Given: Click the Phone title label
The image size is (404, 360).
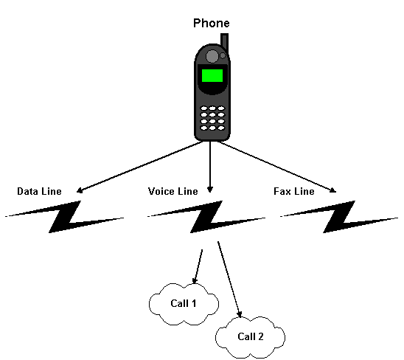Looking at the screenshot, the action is (212, 23).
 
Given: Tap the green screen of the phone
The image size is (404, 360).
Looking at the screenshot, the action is (212, 75).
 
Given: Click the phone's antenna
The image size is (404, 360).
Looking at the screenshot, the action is (224, 43).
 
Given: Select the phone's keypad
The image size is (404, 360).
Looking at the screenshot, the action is (212, 118).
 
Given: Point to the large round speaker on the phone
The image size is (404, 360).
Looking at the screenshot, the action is (212, 56).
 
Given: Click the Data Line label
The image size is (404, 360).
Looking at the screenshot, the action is (39, 191).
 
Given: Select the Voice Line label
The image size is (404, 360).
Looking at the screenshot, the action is (173, 191).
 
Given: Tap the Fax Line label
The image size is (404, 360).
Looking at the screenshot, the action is (294, 191).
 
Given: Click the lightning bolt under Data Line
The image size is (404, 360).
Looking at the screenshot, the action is (64, 217).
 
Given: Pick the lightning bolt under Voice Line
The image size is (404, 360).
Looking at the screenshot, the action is (206, 217).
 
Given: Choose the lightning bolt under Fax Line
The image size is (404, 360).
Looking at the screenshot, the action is (339, 217).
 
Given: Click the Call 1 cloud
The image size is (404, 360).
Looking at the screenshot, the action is (184, 304).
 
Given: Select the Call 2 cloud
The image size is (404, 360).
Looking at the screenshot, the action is (251, 337).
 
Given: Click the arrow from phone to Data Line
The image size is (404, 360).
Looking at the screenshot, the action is (140, 167).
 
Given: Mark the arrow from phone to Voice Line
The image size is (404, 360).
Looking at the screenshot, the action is (210, 167).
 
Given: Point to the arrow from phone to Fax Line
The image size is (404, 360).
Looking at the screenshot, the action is (277, 167).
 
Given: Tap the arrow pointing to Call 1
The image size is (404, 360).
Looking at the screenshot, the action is (198, 266).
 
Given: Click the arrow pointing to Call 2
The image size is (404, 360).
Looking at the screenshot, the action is (229, 280).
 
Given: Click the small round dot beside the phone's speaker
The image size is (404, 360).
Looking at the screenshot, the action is (223, 55).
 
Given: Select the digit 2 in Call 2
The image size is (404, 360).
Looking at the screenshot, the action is (260, 336).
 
